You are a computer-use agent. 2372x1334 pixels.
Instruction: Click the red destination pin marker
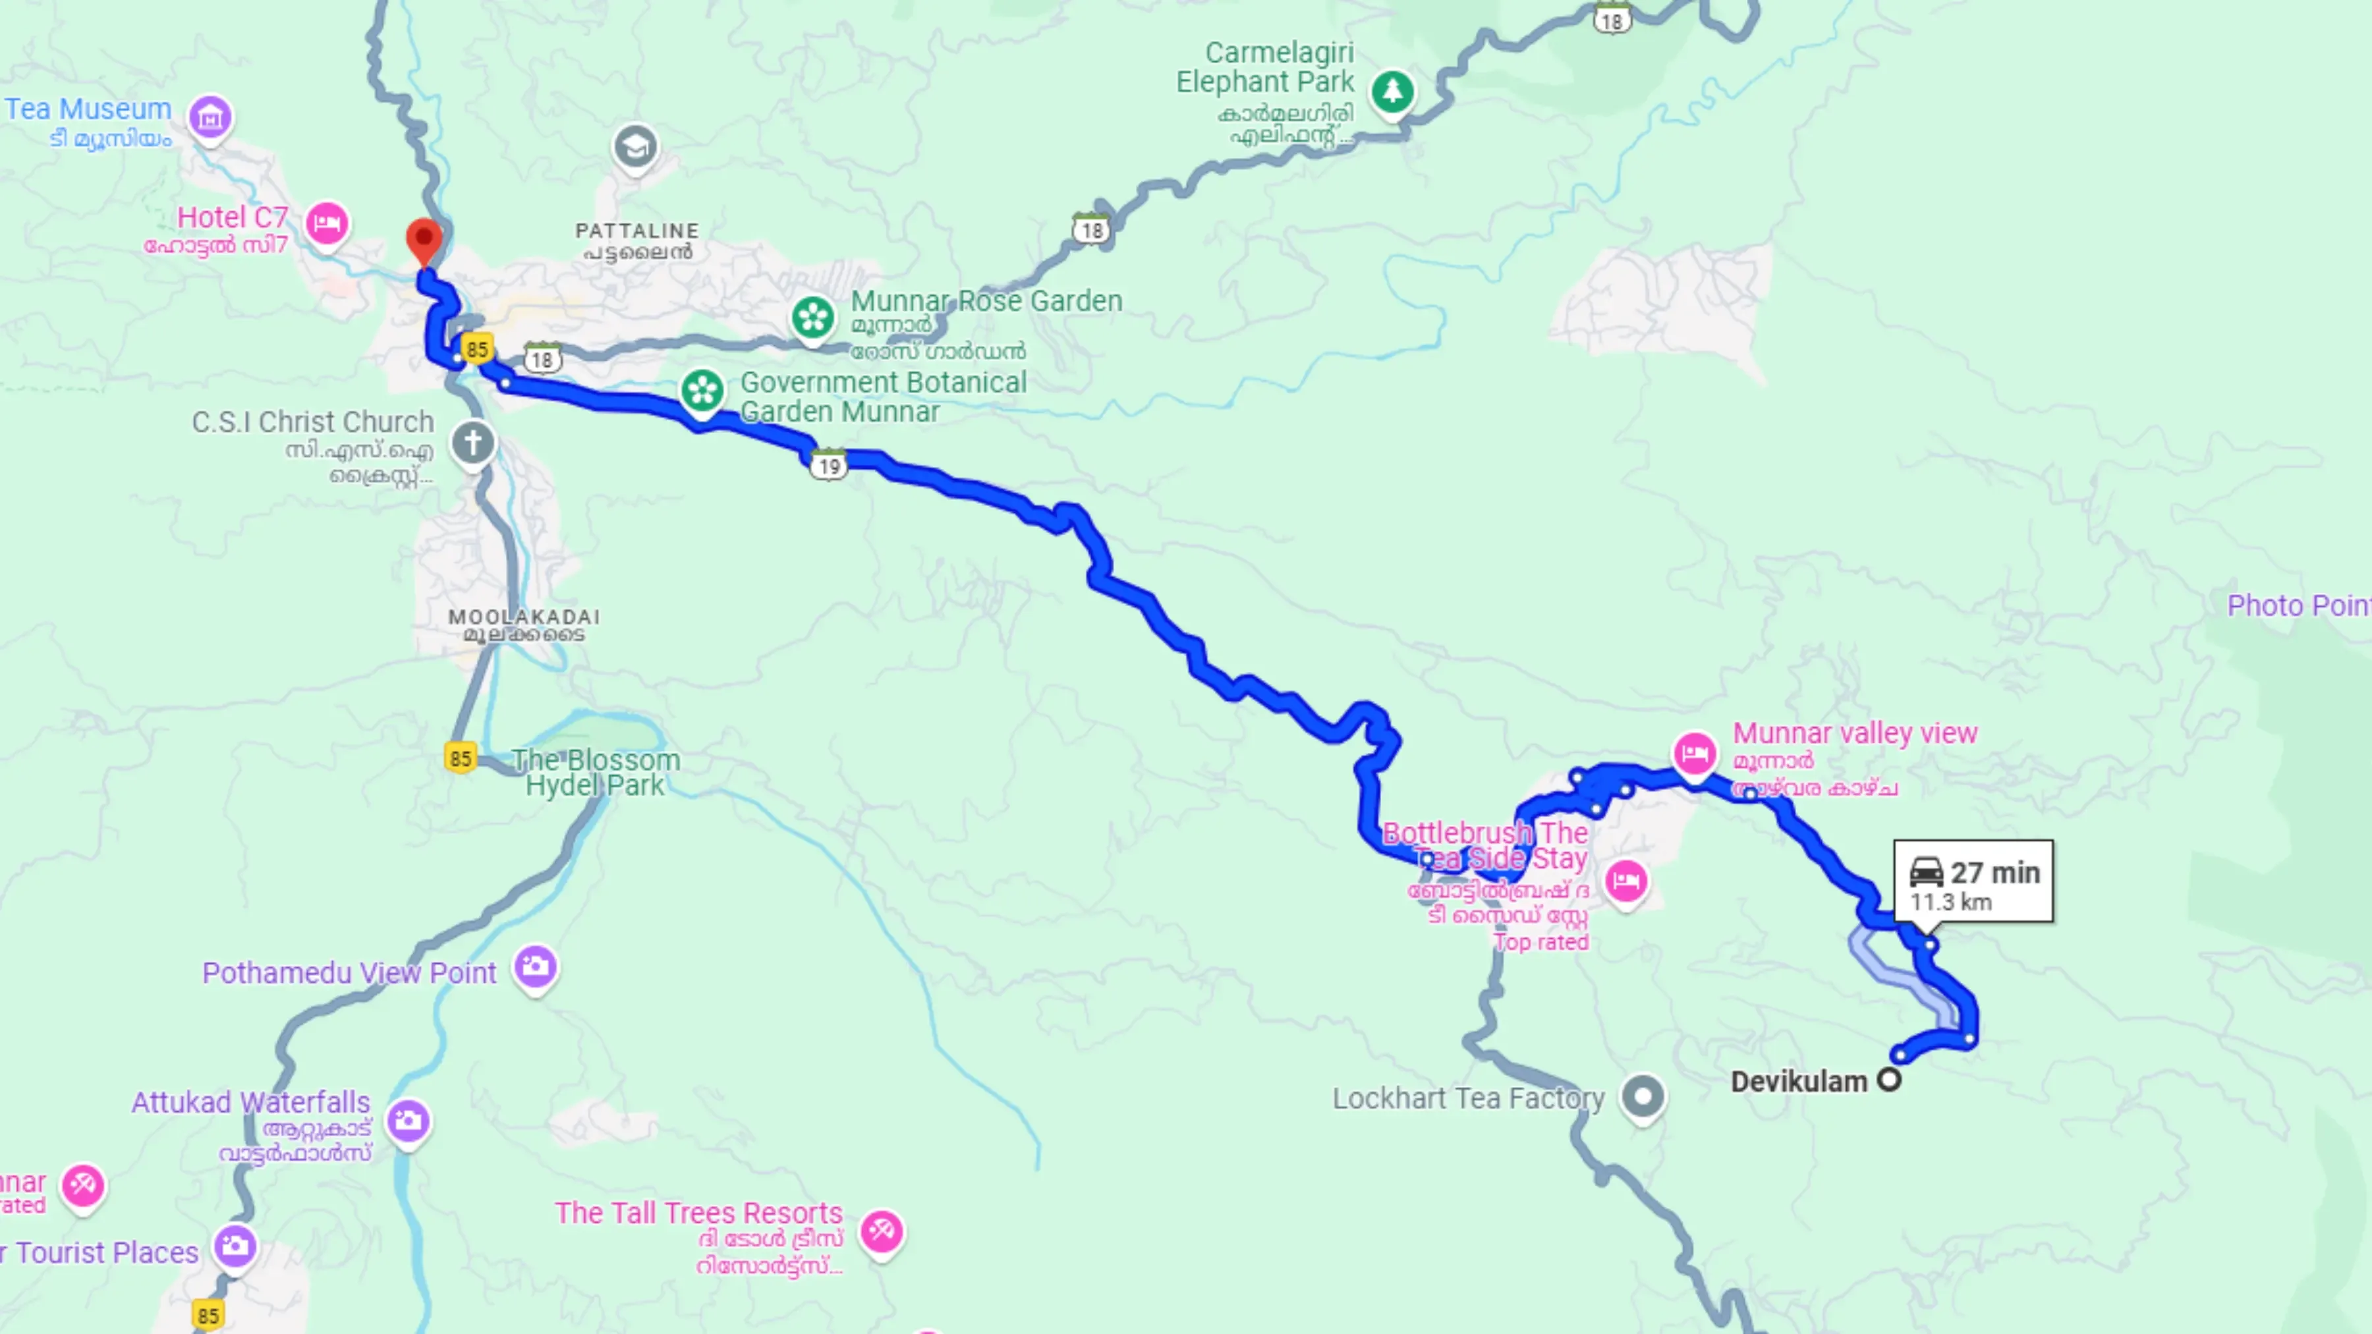point(424,239)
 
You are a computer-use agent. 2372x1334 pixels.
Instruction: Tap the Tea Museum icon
point(210,117)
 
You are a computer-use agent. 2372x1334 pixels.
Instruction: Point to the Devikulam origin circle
point(1888,1080)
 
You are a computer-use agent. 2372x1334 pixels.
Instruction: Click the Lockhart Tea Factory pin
point(1643,1096)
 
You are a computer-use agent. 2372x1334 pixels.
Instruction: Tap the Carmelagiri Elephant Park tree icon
point(1392,91)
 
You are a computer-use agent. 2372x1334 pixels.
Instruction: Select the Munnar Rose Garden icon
point(813,318)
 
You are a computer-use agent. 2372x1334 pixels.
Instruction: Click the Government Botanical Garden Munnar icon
point(702,391)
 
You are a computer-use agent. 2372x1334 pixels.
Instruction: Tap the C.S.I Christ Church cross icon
point(473,443)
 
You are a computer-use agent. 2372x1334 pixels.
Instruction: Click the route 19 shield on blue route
point(829,466)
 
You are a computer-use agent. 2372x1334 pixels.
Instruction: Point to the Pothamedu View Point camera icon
point(535,966)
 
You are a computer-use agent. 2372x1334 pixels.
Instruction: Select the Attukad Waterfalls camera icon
point(409,1121)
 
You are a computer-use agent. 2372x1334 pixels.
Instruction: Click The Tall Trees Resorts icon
point(881,1231)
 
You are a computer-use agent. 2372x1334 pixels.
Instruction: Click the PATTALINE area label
point(637,231)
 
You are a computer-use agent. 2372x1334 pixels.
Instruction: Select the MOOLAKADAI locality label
point(524,617)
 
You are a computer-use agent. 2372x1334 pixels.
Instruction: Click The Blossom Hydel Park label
point(596,773)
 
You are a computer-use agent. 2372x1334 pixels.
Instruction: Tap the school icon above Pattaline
point(635,146)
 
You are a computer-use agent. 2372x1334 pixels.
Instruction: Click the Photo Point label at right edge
point(2298,606)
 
